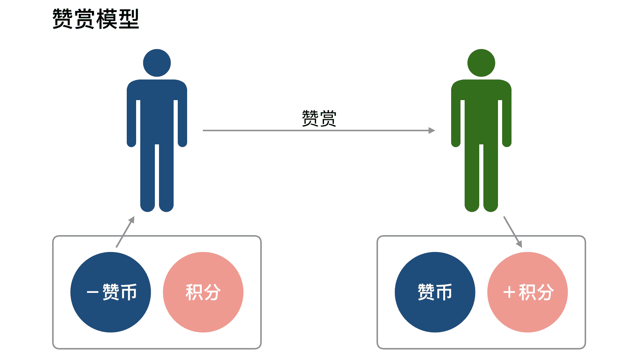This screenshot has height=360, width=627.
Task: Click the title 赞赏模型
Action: [x=96, y=19]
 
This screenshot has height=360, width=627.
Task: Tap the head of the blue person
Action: [x=157, y=63]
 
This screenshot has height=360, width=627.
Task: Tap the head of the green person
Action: [x=481, y=63]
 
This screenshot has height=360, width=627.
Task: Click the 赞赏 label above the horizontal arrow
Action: [x=319, y=118]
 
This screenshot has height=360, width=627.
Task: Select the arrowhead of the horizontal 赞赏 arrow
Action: [x=432, y=130]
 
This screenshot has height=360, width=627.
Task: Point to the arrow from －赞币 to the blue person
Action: [x=125, y=232]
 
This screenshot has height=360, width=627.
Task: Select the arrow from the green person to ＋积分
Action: [x=513, y=232]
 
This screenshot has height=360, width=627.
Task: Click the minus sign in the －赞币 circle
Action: [x=92, y=292]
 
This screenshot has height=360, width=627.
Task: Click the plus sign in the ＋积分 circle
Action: [x=509, y=292]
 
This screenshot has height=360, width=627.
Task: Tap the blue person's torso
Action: [x=157, y=112]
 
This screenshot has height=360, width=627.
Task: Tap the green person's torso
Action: [x=481, y=112]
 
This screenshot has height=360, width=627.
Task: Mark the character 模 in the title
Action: [x=107, y=19]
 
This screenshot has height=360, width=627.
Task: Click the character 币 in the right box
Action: [x=444, y=292]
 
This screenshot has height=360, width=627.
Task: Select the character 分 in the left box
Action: [x=212, y=292]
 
